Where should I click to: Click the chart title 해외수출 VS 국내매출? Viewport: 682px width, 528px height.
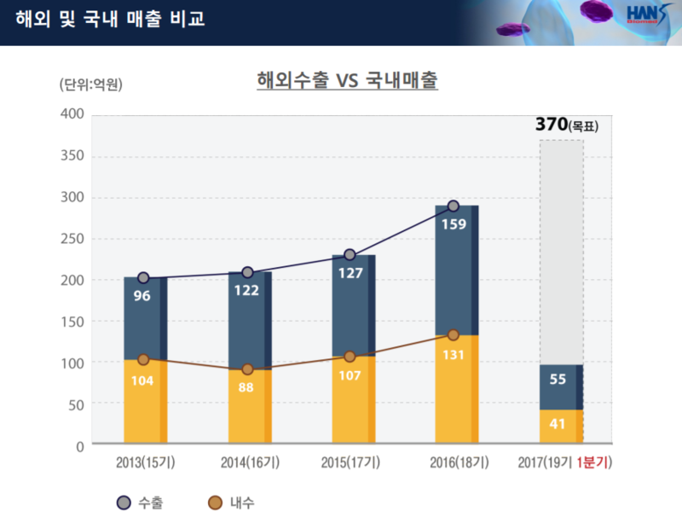point(347,81)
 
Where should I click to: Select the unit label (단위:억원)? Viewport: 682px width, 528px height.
point(91,84)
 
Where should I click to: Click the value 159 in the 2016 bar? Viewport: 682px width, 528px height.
point(453,225)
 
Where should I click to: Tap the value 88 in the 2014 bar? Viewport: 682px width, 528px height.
point(247,386)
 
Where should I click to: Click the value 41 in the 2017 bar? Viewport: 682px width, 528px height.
point(558,423)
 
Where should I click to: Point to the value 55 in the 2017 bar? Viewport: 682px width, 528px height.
point(558,379)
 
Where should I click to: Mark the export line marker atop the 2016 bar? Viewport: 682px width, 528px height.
point(454,206)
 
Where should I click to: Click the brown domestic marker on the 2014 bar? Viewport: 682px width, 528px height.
point(247,369)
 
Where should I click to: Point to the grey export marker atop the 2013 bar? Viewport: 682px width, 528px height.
point(143,278)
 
